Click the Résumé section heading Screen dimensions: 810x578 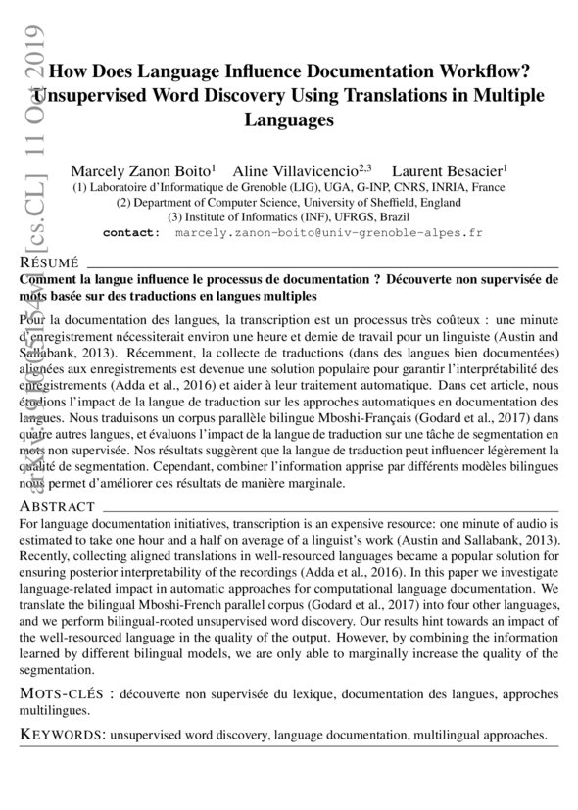pos(49,264)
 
